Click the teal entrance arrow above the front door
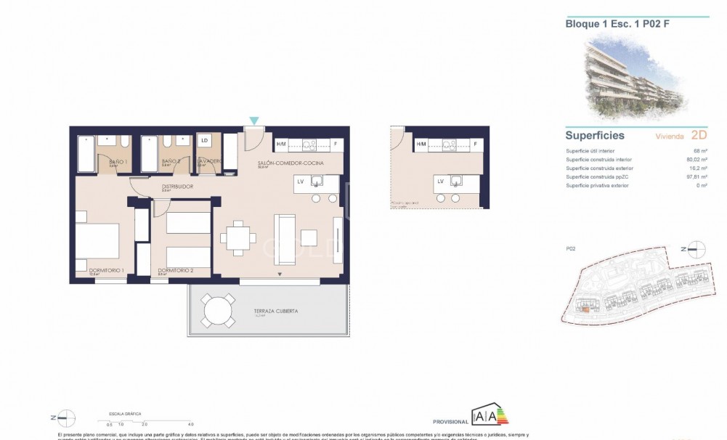coord(253,120)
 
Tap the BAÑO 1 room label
coord(118,161)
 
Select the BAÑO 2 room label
coord(171,161)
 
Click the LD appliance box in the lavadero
coord(205,140)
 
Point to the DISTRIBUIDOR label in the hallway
coord(177,187)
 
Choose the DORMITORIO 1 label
coord(107,270)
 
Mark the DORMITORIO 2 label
coord(175,270)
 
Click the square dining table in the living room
coord(238,237)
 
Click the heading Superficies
coord(595,135)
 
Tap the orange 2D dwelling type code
coord(699,135)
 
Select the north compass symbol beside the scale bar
coord(66,417)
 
